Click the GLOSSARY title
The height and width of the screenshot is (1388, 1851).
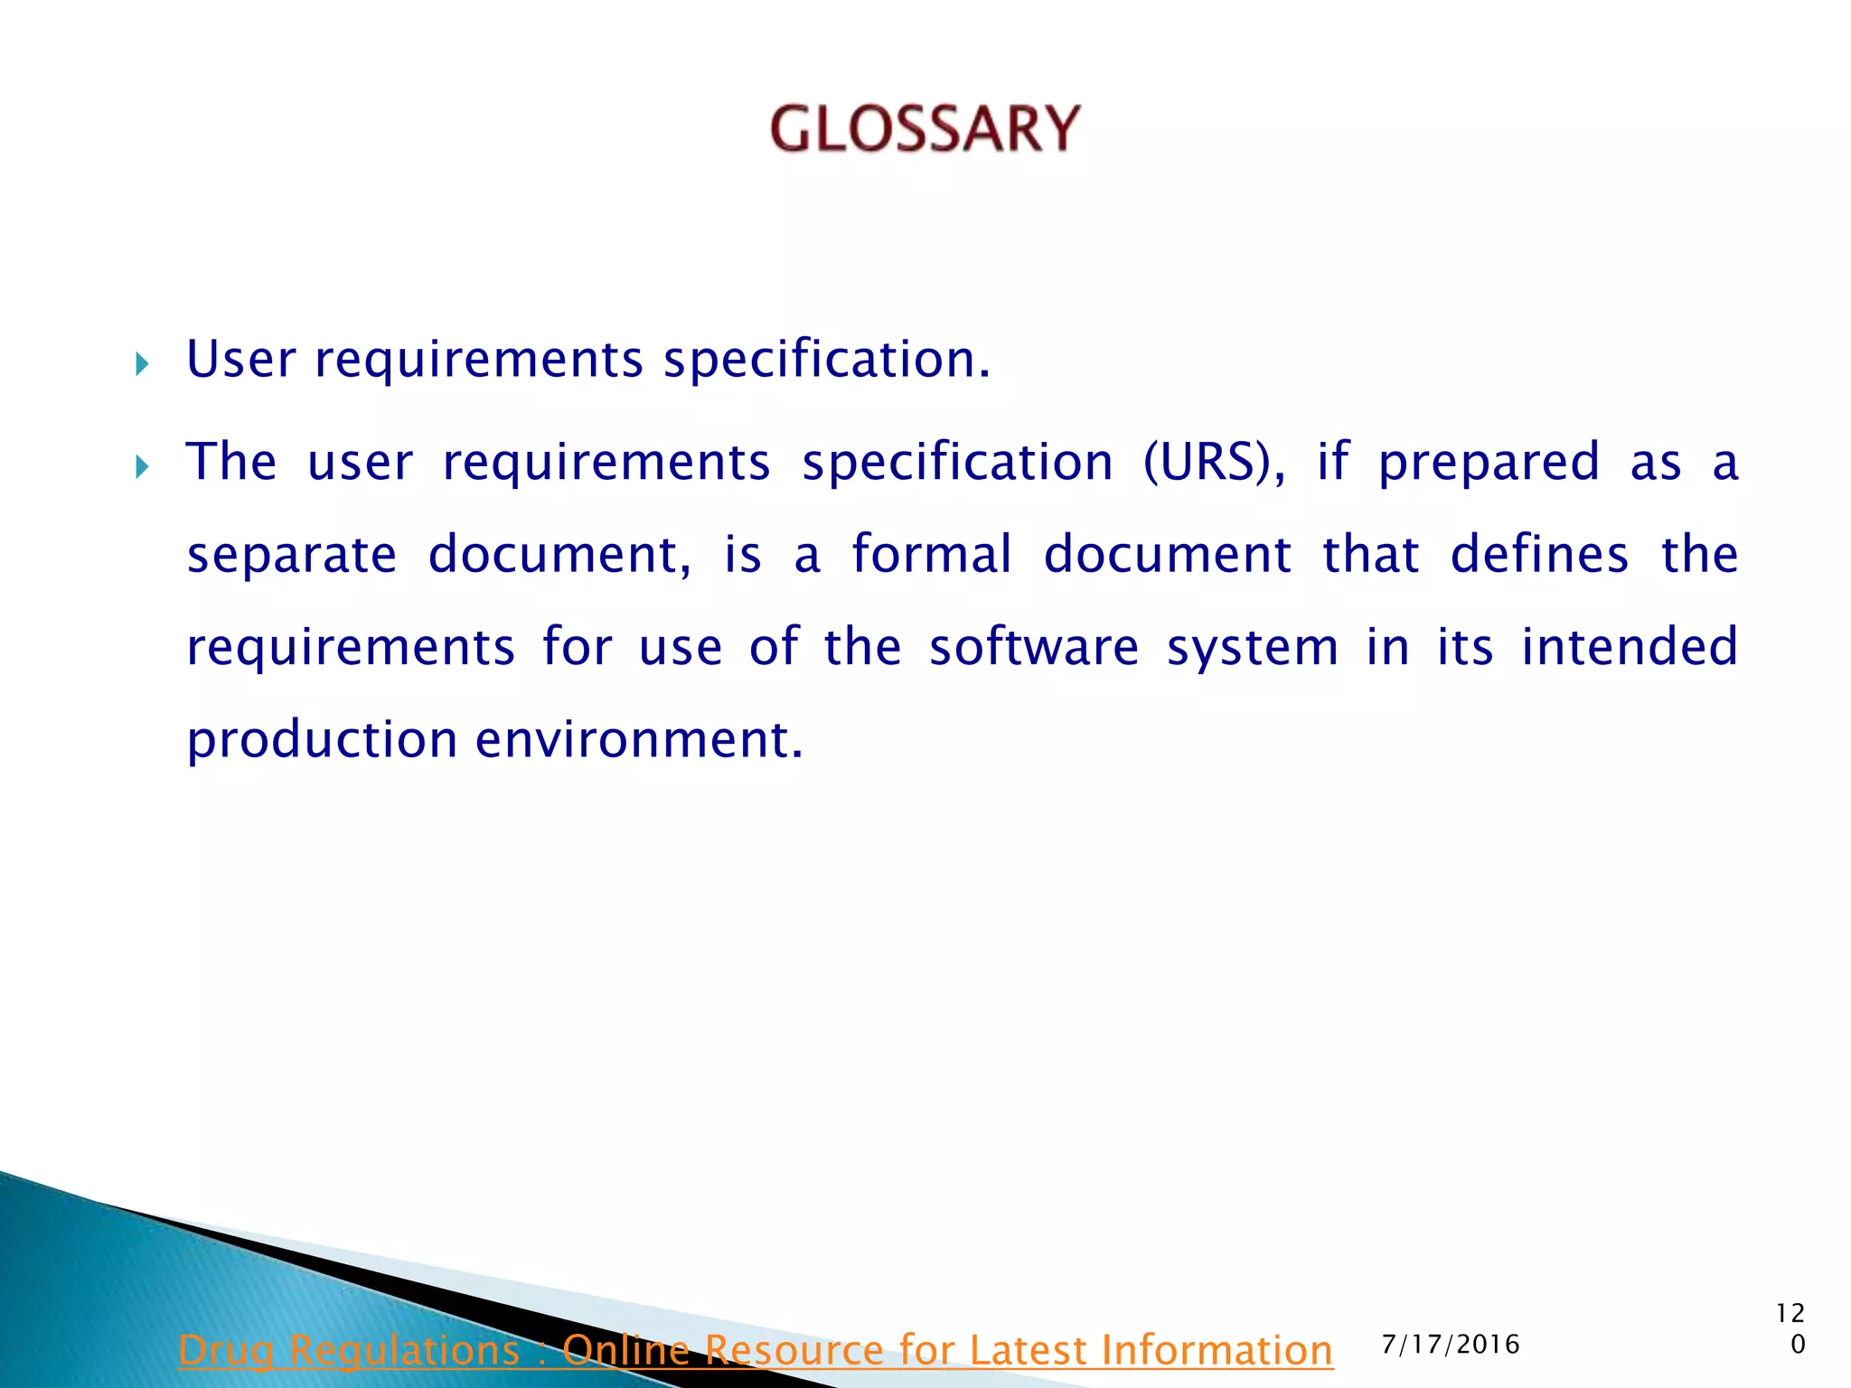(925, 128)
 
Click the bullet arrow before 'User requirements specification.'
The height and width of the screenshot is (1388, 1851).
(141, 364)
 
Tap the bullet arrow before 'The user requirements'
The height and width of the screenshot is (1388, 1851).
(141, 467)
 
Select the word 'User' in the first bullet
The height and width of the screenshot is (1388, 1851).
(240, 360)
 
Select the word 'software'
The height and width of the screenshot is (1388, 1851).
(1034, 647)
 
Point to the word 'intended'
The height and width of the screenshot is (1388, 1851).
(1630, 647)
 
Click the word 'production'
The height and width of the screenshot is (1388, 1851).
(322, 741)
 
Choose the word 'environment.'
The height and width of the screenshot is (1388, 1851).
(639, 739)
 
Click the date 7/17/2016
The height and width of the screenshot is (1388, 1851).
(1451, 1345)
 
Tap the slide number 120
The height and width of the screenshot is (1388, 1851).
(1790, 1328)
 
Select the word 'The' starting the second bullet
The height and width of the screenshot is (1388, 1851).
(231, 463)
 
